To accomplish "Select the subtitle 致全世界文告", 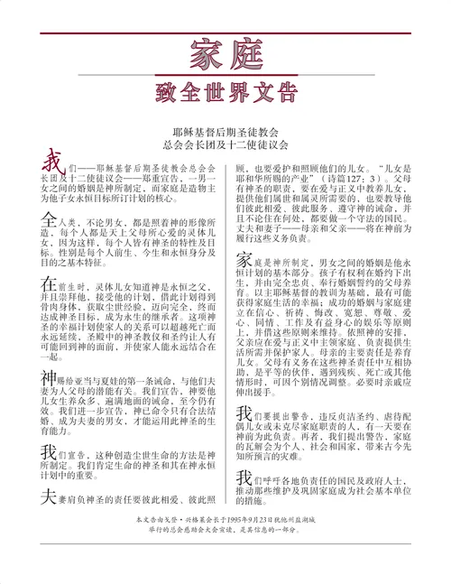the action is coord(225,93).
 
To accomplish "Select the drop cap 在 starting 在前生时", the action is coord(48,283).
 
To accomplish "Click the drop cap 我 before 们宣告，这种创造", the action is coord(48,450).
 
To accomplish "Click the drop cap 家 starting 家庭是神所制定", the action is coord(244,263).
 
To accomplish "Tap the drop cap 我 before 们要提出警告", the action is coord(244,416).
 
